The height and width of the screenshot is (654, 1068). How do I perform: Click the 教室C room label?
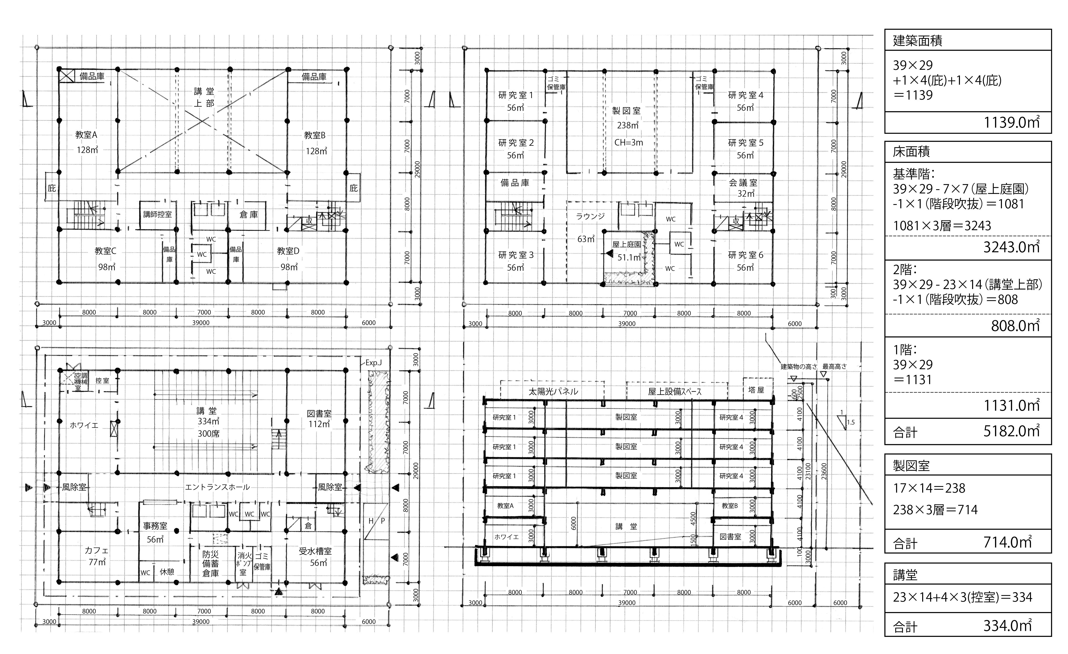(x=105, y=251)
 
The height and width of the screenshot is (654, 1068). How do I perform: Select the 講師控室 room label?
(x=157, y=214)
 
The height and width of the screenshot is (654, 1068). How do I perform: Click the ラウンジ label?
(x=590, y=216)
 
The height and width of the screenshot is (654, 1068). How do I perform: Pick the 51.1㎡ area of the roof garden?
(x=629, y=257)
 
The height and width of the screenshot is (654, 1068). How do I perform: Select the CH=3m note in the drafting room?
(x=629, y=143)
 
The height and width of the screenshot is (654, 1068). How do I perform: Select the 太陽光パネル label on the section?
(x=553, y=392)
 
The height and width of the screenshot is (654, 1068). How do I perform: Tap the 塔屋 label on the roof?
(x=756, y=390)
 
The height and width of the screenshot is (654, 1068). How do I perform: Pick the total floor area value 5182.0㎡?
(x=1011, y=431)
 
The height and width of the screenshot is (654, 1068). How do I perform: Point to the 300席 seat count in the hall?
(x=208, y=434)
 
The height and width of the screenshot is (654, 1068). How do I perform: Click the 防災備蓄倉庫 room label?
(x=211, y=563)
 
